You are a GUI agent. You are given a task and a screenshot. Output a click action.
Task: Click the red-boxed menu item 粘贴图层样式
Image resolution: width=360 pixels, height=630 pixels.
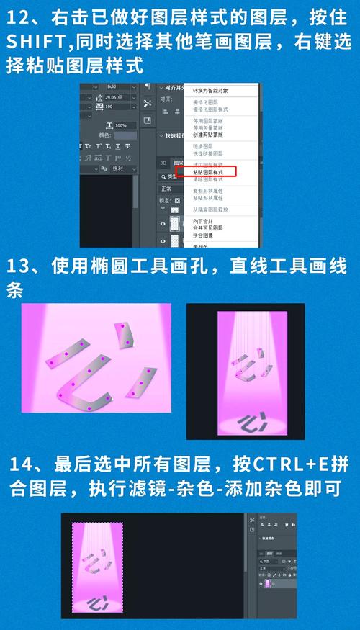(214, 173)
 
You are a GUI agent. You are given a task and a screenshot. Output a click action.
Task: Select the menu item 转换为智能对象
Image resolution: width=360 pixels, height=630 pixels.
(211, 91)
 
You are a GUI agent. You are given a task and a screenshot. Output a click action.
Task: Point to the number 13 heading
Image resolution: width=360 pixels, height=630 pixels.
(19, 266)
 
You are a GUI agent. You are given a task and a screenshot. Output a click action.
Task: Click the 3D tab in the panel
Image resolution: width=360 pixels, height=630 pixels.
(163, 163)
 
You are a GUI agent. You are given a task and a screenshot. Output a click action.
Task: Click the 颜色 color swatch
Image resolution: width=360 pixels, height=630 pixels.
(125, 135)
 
